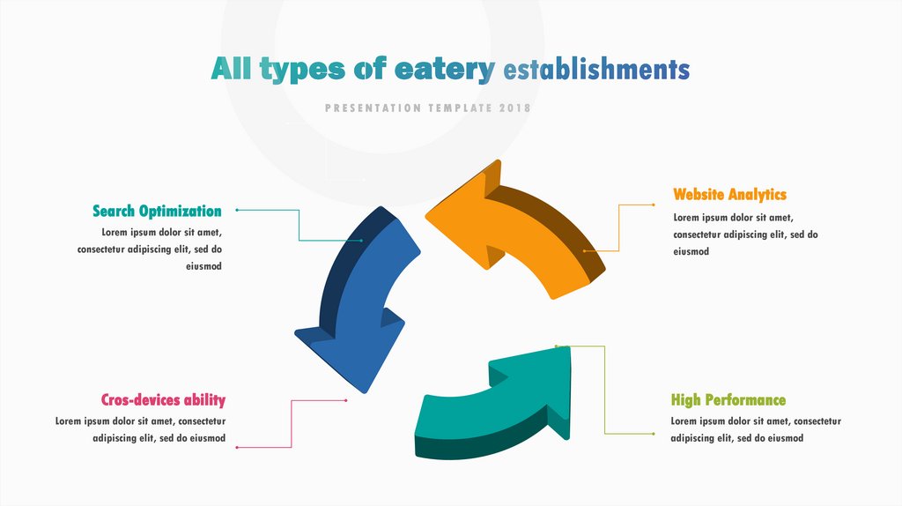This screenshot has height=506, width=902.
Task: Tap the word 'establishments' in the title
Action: [x=596, y=70]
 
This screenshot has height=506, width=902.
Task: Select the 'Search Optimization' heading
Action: [x=157, y=211]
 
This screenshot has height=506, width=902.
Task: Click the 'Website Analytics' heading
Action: [x=729, y=194]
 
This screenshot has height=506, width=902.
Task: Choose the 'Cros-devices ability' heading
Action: [x=163, y=399]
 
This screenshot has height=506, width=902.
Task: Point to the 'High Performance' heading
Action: [x=728, y=400]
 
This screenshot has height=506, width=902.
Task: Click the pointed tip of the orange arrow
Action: [x=428, y=214]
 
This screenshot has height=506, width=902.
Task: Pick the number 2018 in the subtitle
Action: [x=514, y=108]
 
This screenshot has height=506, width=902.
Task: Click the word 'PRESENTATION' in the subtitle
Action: [x=373, y=108]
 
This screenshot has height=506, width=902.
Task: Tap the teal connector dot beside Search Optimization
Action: [x=237, y=211]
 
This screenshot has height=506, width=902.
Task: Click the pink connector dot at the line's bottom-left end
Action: [x=237, y=448]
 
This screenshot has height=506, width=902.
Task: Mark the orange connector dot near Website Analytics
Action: [x=653, y=205]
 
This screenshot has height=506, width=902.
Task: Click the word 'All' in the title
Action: [x=231, y=70]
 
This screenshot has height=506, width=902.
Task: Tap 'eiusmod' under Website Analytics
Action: [x=691, y=251]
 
